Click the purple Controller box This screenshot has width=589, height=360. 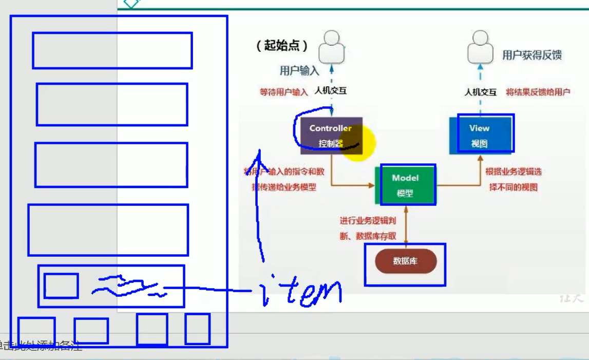tap(330, 136)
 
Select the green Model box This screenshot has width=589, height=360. tap(405, 185)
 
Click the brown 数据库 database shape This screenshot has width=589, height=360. tap(405, 261)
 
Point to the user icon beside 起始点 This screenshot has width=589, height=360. tap(331, 47)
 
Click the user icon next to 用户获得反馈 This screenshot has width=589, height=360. tap(480, 47)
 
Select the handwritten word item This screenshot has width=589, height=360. tap(301, 292)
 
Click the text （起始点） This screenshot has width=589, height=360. tap(282, 45)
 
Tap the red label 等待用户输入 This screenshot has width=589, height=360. tap(283, 92)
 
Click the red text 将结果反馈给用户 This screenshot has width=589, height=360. tap(538, 92)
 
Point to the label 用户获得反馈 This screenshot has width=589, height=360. tap(532, 55)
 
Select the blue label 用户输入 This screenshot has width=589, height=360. tap(299, 71)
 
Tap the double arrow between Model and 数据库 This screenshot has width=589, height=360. tap(406, 224)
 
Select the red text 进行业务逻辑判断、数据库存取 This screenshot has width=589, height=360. tap(368, 229)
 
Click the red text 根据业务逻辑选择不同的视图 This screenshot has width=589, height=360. tap(513, 180)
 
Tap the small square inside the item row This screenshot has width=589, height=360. tap(61, 286)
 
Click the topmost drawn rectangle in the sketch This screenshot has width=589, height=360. tap(112, 50)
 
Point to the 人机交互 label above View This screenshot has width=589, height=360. tap(480, 92)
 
